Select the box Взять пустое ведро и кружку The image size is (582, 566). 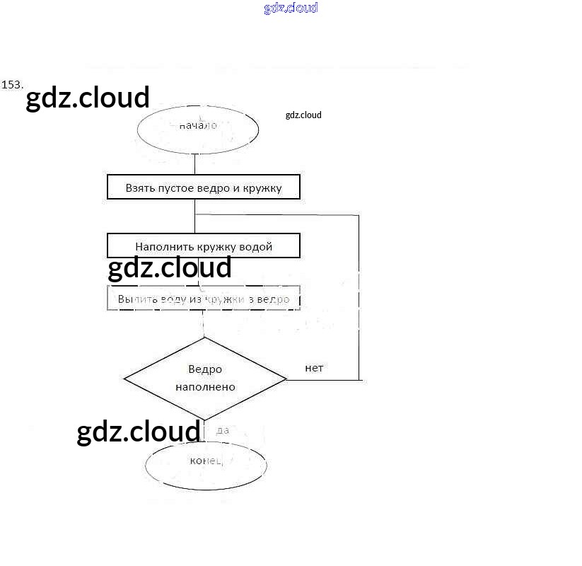tap(204, 188)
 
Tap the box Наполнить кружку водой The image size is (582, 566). tap(204, 246)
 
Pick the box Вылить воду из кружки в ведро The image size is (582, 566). tap(204, 299)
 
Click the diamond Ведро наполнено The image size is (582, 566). tap(205, 379)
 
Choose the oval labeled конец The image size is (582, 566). tap(206, 464)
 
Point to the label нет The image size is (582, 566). tap(314, 368)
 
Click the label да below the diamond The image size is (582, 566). tap(223, 429)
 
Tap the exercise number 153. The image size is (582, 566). tap(12, 84)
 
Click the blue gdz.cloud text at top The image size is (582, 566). tap(291, 8)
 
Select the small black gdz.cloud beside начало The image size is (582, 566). tap(303, 115)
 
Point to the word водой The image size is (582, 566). tap(256, 247)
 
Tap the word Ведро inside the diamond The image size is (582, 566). tap(205, 369)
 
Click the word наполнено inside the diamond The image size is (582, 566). tap(205, 387)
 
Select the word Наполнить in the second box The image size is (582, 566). tap(161, 247)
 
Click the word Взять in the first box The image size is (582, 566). tap(139, 188)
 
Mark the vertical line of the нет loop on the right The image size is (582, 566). tap(359, 297)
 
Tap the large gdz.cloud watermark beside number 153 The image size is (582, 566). tap(88, 98)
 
